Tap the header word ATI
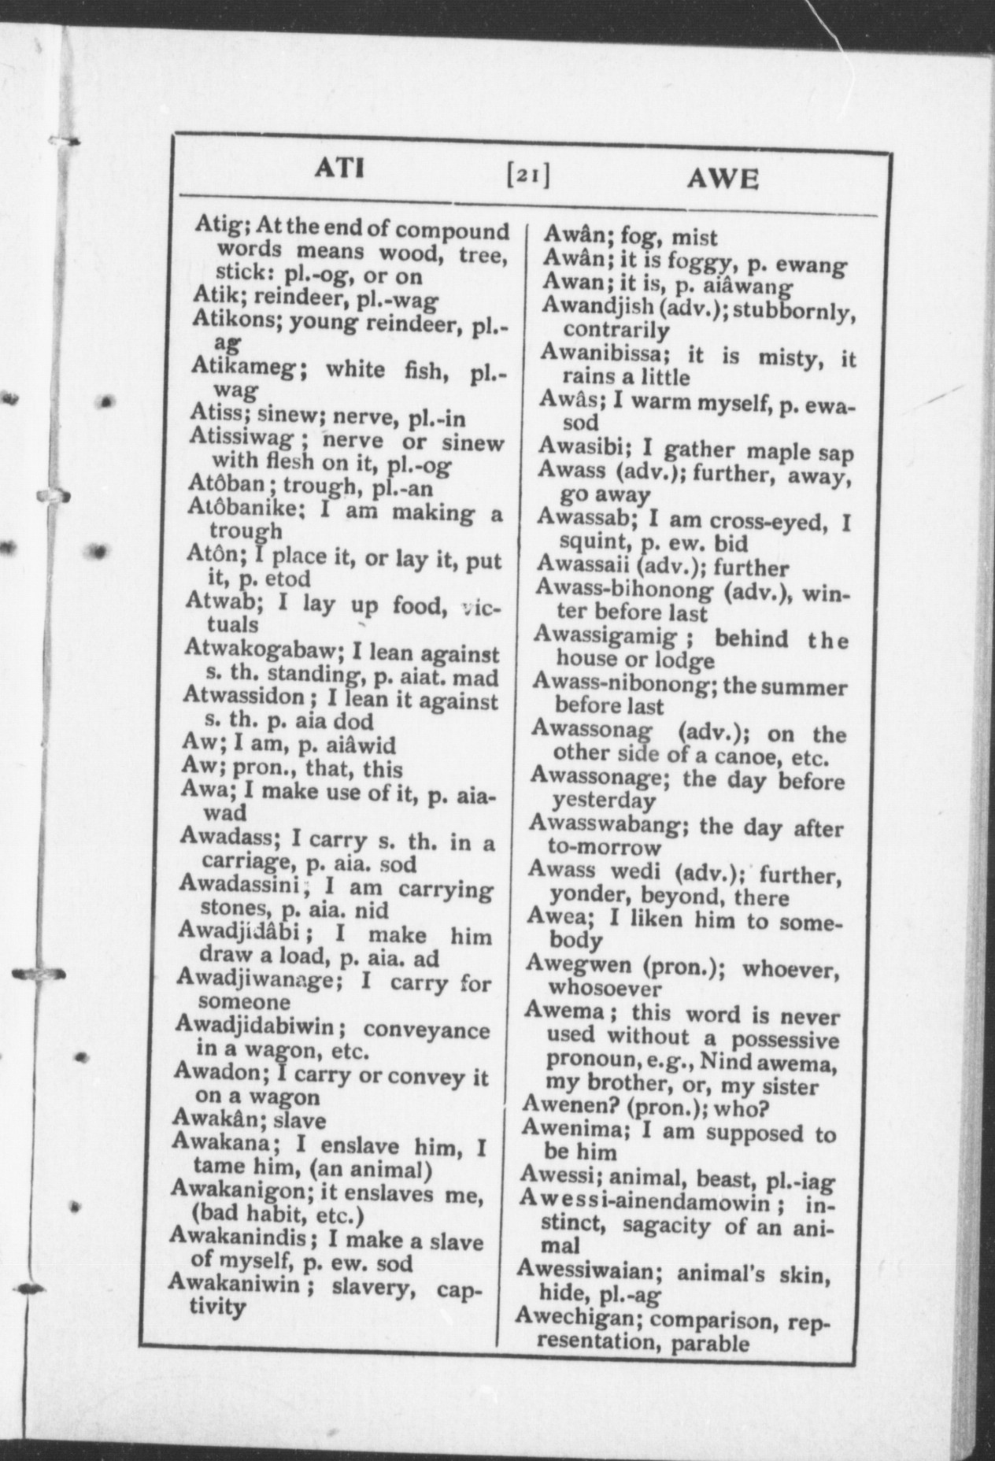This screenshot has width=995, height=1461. [338, 168]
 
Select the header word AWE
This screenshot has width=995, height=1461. [723, 180]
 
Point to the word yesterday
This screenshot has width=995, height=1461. [603, 801]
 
